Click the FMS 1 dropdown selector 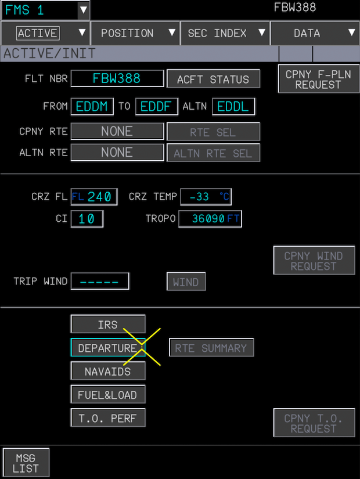point(45,10)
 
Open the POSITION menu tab point(135,33)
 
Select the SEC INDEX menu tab point(225,33)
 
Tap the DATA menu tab point(314,33)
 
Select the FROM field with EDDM point(92,107)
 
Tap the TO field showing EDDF point(157,107)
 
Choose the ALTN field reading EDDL point(233,107)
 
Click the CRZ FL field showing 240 point(94,197)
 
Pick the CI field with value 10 point(87,219)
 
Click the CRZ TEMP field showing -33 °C point(206,197)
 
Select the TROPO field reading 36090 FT point(210,219)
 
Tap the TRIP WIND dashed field point(100,282)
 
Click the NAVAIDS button point(108,371)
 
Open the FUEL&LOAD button point(108,395)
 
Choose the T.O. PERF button point(108,418)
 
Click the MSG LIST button point(26,463)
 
